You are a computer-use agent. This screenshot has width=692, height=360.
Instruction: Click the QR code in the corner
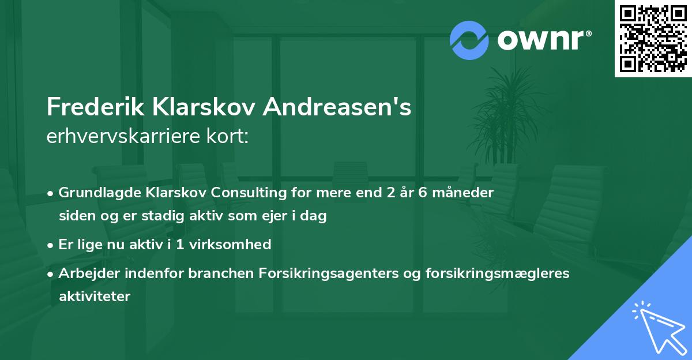tap(653, 39)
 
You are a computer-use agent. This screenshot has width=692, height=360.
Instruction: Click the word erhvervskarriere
tap(121, 136)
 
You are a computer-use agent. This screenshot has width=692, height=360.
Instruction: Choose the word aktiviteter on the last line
tap(95, 297)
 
